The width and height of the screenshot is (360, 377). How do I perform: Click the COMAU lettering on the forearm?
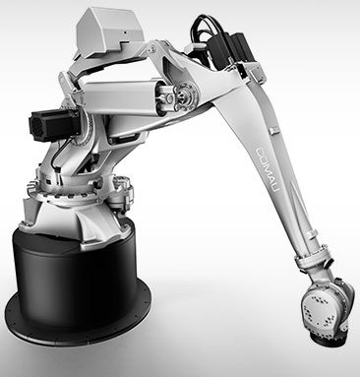(x=268, y=173)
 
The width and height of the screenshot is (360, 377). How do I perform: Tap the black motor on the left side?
(x=53, y=125)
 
